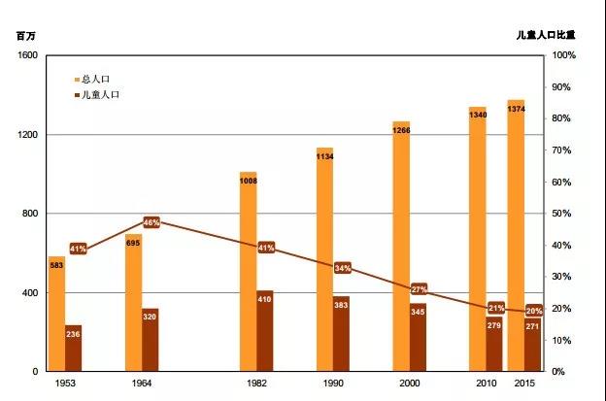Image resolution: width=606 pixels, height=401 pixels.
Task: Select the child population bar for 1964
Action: pyautogui.click(x=150, y=340)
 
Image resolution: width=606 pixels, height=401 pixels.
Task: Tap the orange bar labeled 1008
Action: pyautogui.click(x=248, y=272)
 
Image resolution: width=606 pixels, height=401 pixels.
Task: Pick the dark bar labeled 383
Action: pyautogui.click(x=341, y=334)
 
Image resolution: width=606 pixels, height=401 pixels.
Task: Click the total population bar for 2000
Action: pyautogui.click(x=401, y=247)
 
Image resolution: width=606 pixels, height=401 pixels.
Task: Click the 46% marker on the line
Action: pyautogui.click(x=151, y=222)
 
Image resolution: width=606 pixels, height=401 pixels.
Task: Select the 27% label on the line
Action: pyautogui.click(x=419, y=289)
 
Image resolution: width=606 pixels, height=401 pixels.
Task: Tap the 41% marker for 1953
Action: pyautogui.click(x=78, y=249)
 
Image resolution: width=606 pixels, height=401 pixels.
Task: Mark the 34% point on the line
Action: pyautogui.click(x=342, y=267)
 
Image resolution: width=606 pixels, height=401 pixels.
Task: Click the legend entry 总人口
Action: pyautogui.click(x=92, y=79)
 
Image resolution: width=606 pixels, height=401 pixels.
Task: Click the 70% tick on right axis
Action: pyautogui.click(x=563, y=150)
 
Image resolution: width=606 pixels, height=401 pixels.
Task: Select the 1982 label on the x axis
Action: pyautogui.click(x=256, y=384)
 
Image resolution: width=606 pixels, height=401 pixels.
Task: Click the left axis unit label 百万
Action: pyautogui.click(x=24, y=35)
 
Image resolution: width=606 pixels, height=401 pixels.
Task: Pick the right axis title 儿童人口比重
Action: pyautogui.click(x=546, y=35)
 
